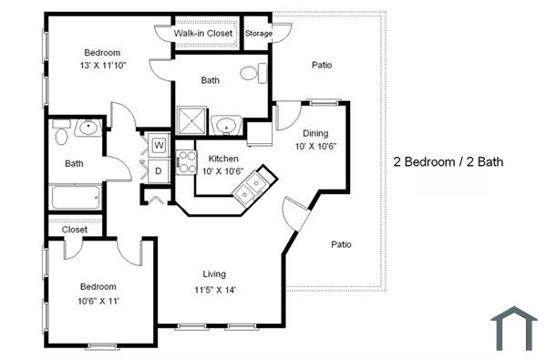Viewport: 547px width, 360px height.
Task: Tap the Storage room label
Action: pos(258,34)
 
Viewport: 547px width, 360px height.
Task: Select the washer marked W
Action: pos(159,144)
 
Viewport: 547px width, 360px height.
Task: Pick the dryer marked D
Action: pos(158,170)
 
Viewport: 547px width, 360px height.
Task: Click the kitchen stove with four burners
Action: pos(187,162)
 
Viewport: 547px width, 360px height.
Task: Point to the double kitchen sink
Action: pos(251,187)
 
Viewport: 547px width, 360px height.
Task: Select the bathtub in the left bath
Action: pos(76,198)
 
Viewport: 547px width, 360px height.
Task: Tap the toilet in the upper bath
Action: pos(253,73)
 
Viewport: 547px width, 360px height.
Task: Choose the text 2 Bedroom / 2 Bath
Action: pos(449,162)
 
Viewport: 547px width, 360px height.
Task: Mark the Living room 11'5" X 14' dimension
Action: pos(214,290)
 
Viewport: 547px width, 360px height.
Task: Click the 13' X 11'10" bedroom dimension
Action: pos(102,65)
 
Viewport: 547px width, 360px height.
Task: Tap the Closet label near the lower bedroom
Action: pos(75,230)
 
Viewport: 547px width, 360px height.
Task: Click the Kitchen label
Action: pos(223,159)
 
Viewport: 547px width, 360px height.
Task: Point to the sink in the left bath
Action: pos(88,128)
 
